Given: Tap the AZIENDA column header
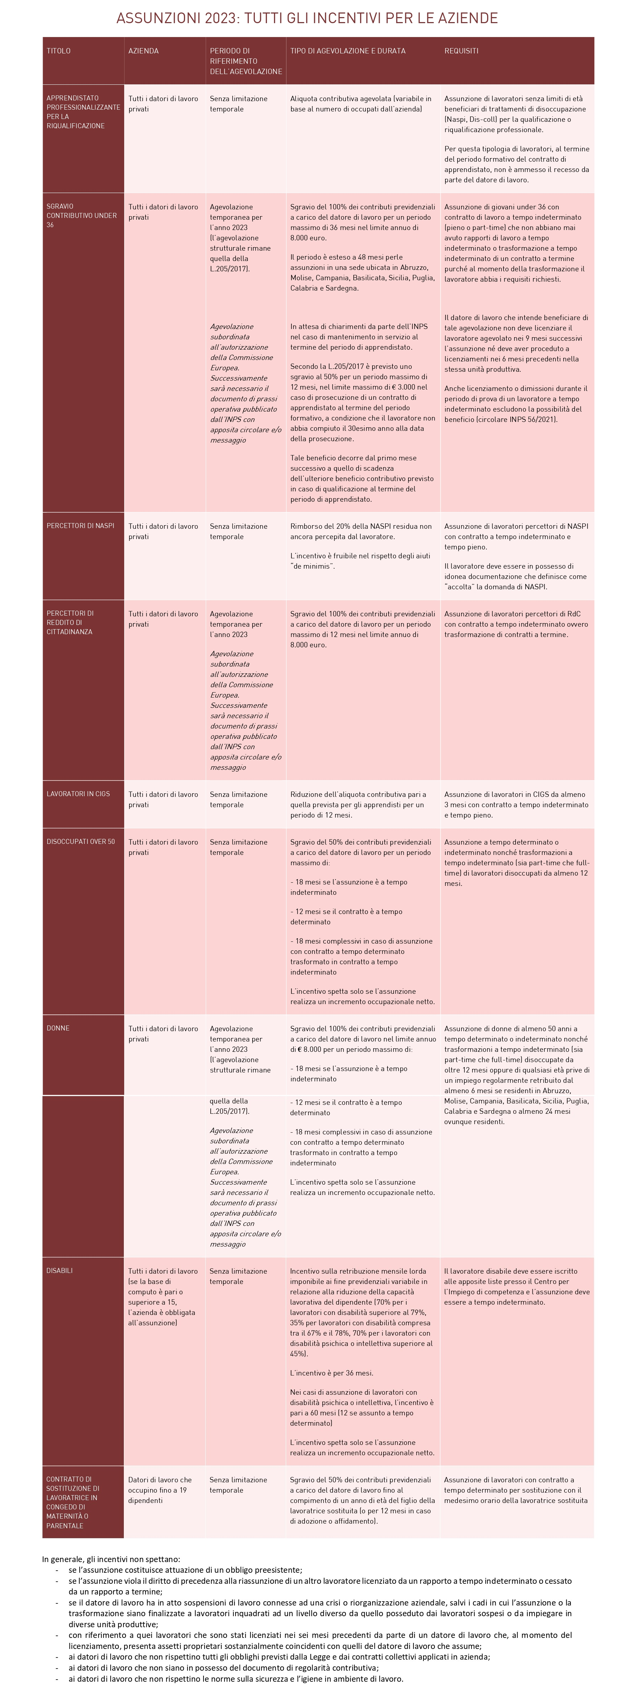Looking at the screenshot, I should (143, 51).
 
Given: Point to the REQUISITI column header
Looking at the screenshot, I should (461, 51).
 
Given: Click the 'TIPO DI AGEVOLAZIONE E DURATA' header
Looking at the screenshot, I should (347, 51).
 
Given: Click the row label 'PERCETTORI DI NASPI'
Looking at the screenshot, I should (80, 526).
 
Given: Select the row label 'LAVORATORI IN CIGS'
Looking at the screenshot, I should (78, 794).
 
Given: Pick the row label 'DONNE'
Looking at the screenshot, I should (58, 1028).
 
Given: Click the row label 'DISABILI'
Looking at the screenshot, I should (59, 1270).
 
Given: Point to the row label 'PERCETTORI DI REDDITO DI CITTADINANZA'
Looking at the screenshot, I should (70, 622).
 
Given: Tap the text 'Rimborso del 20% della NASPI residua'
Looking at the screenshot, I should (360, 527).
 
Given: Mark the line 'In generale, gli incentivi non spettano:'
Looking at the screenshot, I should (111, 1559).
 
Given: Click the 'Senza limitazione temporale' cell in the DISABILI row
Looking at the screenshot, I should (238, 1276).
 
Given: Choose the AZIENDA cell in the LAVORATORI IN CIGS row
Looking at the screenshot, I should (163, 799).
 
